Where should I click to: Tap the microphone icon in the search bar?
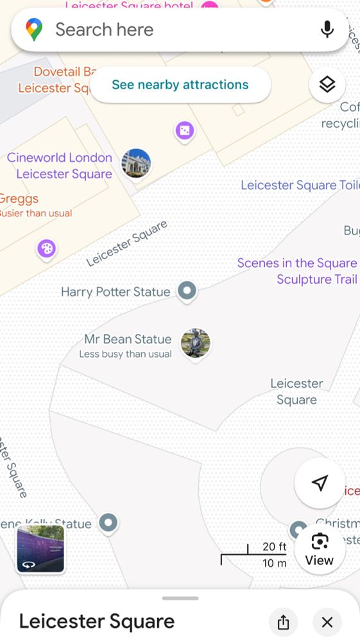click(x=327, y=30)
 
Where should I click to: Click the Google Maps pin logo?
click(x=34, y=30)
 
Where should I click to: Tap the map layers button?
click(x=327, y=84)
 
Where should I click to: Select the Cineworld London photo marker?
click(x=136, y=163)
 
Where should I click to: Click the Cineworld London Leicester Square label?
click(x=60, y=166)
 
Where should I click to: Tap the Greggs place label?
click(x=19, y=198)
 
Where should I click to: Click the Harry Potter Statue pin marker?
click(x=187, y=291)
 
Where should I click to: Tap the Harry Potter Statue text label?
click(x=116, y=292)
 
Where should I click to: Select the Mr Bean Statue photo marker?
click(x=195, y=343)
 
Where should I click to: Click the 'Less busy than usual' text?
click(x=125, y=354)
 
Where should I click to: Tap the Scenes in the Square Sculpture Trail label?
click(x=297, y=271)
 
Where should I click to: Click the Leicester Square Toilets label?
click(x=298, y=186)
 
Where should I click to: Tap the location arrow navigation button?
click(x=320, y=483)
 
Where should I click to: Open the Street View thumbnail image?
click(x=40, y=548)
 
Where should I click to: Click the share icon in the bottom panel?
click(x=283, y=622)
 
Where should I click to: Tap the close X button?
click(x=327, y=622)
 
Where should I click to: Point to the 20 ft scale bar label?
click(x=274, y=547)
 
